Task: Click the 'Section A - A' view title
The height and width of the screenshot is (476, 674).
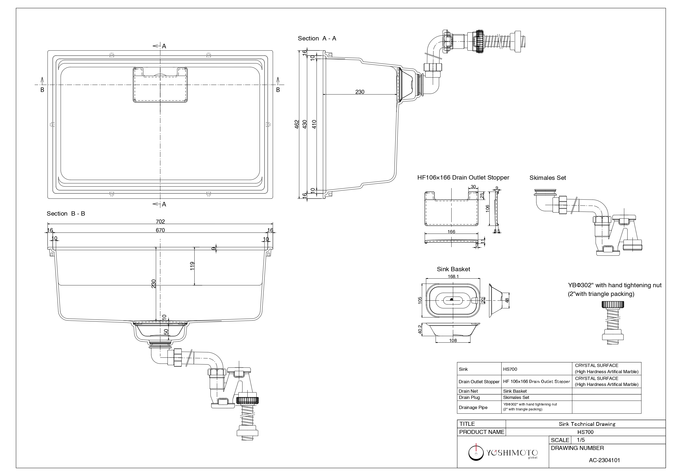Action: [317, 39]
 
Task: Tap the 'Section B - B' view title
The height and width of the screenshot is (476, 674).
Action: [66, 213]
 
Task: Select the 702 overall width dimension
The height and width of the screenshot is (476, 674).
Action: [160, 222]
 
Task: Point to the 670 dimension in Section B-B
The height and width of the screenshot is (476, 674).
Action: [160, 231]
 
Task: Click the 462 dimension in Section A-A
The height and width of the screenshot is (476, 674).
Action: [297, 124]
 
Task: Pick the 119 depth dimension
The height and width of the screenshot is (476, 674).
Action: [192, 266]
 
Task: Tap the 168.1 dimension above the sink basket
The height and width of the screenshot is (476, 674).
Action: [453, 276]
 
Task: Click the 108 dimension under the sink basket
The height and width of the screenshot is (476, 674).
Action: [453, 340]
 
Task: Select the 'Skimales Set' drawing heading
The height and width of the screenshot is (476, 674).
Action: [547, 178]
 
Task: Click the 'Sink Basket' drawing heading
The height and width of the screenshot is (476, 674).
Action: [453, 269]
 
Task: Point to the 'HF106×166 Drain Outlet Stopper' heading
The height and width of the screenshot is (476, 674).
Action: [463, 177]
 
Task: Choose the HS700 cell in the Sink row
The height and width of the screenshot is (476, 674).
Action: [510, 369]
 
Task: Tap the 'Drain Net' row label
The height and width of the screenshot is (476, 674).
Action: [468, 391]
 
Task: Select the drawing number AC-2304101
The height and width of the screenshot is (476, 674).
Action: [604, 460]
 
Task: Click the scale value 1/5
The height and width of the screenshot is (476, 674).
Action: [581, 440]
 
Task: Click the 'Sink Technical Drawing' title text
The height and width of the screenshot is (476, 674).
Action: [587, 424]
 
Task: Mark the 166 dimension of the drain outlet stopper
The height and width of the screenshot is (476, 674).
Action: [451, 232]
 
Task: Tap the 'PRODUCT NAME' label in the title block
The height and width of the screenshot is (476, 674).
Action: [481, 432]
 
